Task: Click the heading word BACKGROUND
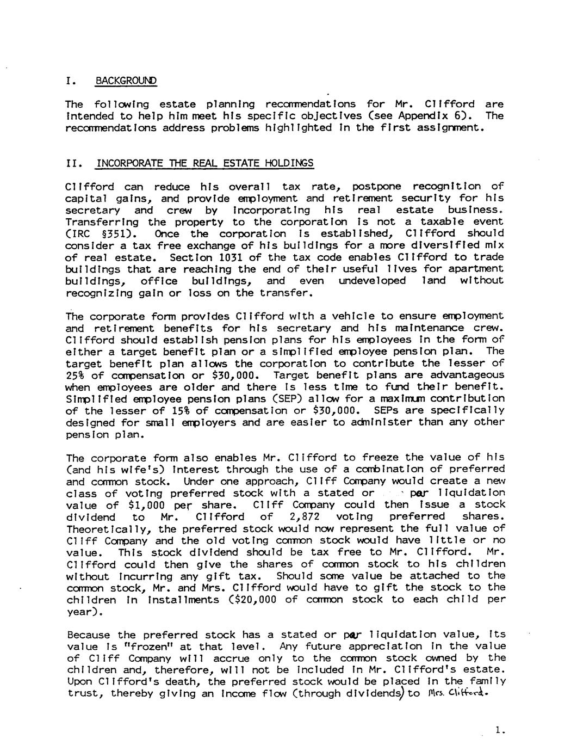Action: (x=126, y=81)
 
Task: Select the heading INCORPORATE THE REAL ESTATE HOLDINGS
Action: (x=204, y=163)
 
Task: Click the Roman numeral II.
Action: (x=73, y=163)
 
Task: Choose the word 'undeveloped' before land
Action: (x=372, y=281)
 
